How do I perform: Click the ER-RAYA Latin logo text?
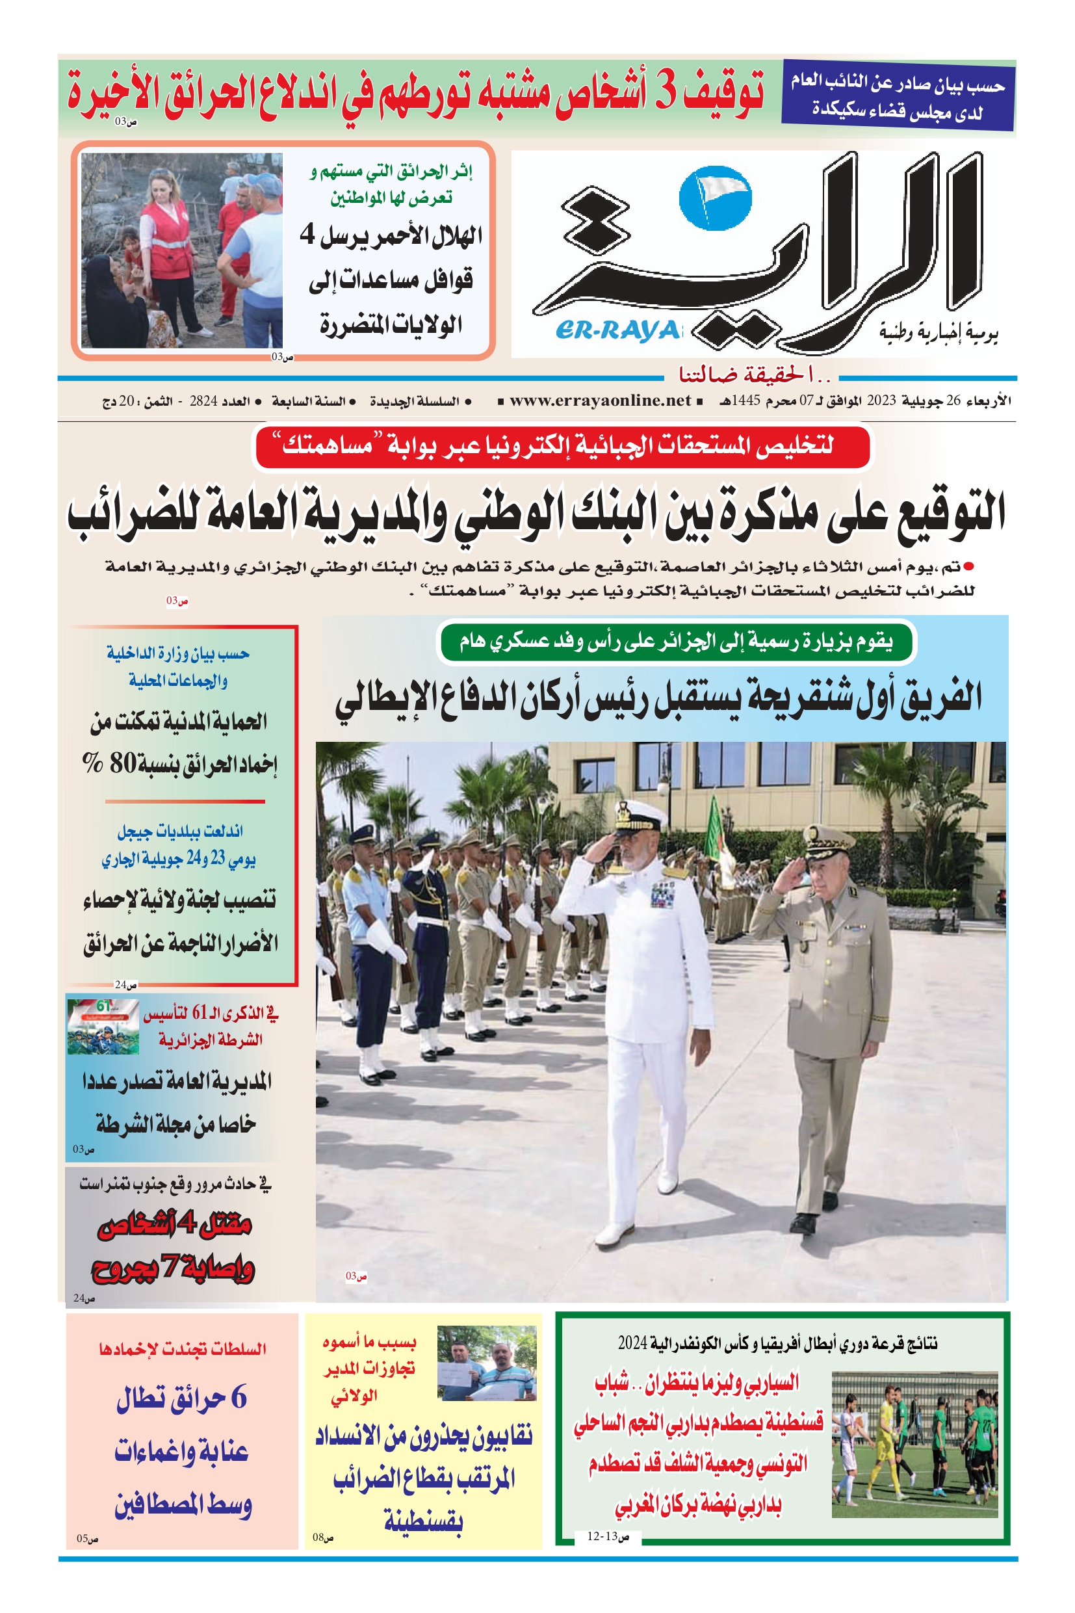pyautogui.click(x=617, y=331)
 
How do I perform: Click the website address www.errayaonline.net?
pyautogui.click(x=600, y=401)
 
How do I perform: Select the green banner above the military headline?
pyautogui.click(x=676, y=642)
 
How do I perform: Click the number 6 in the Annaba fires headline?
pyautogui.click(x=238, y=1398)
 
